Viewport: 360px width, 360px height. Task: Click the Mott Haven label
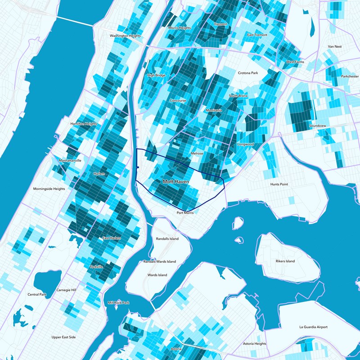click(175, 182)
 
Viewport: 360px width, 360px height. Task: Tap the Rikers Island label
click(285, 261)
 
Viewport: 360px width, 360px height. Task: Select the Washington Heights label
click(126, 36)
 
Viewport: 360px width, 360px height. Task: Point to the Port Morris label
click(185, 212)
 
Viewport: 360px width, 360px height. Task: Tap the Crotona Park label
click(248, 73)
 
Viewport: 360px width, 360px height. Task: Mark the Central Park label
click(37, 295)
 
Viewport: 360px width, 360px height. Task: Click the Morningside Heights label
click(49, 189)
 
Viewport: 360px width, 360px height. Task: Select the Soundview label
click(318, 126)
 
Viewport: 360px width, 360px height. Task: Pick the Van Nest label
click(335, 46)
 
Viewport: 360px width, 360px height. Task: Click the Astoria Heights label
click(255, 344)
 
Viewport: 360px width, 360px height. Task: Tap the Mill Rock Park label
click(119, 302)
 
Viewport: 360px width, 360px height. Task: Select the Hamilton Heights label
click(84, 124)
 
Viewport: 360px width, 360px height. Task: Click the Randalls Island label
click(167, 238)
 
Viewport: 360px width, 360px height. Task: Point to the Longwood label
click(246, 144)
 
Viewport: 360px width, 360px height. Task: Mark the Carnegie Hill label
click(67, 290)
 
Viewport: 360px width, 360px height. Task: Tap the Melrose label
click(197, 153)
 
